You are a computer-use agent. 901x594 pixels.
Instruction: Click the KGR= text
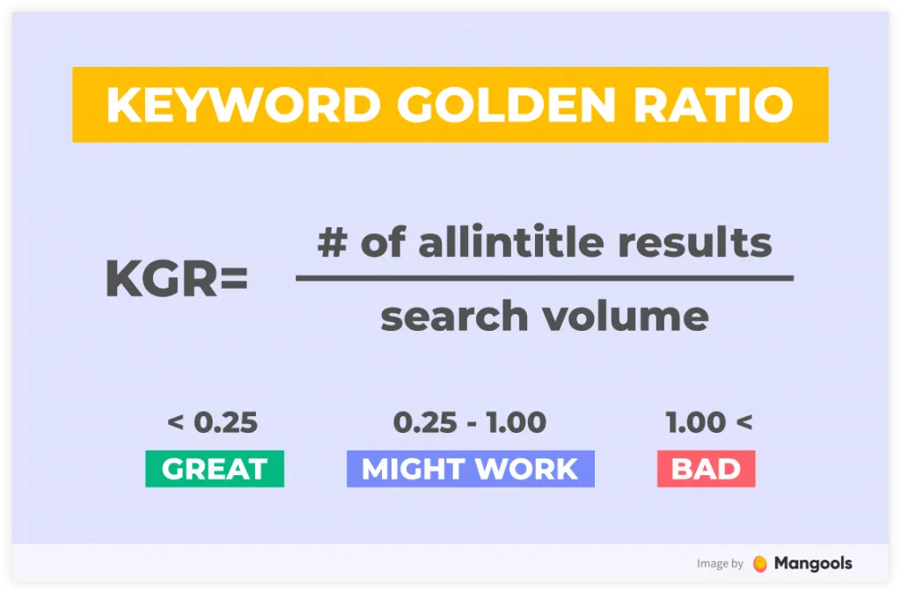(177, 279)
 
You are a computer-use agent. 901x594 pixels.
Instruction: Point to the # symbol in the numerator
(333, 243)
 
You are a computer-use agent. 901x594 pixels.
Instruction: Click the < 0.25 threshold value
(212, 422)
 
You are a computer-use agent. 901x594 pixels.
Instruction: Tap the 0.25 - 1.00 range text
(470, 422)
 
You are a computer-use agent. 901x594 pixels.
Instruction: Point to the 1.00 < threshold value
(709, 422)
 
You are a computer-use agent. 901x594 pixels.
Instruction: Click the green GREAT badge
(215, 469)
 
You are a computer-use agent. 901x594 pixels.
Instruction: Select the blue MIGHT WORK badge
(470, 469)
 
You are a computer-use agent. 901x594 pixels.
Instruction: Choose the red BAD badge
(706, 469)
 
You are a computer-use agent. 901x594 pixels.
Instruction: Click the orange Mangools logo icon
(760, 564)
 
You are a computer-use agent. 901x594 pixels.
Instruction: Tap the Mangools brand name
(813, 563)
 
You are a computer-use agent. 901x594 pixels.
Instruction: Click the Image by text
(720, 564)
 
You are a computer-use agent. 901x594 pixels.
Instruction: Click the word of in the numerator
(385, 243)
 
